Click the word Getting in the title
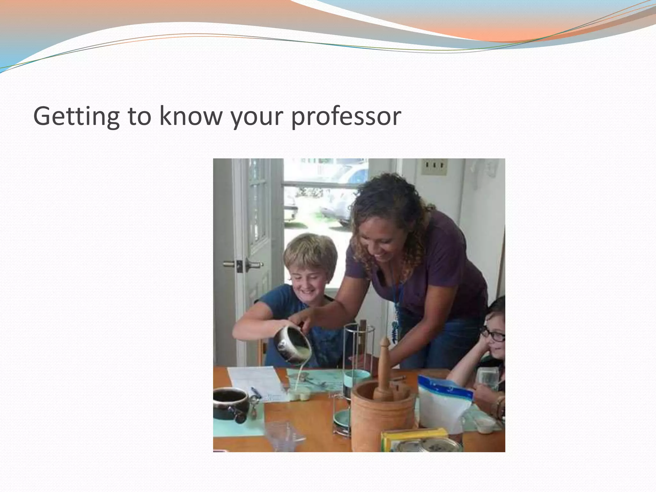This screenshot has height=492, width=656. [x=76, y=117]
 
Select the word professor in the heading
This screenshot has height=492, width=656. [x=346, y=117]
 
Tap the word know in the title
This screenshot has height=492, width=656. [x=191, y=116]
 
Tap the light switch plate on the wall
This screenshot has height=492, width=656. [x=434, y=167]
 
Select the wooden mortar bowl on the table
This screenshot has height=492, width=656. [x=381, y=416]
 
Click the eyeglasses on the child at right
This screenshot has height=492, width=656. [x=493, y=335]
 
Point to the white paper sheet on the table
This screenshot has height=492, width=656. [x=256, y=383]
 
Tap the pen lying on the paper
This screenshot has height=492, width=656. [x=256, y=393]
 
